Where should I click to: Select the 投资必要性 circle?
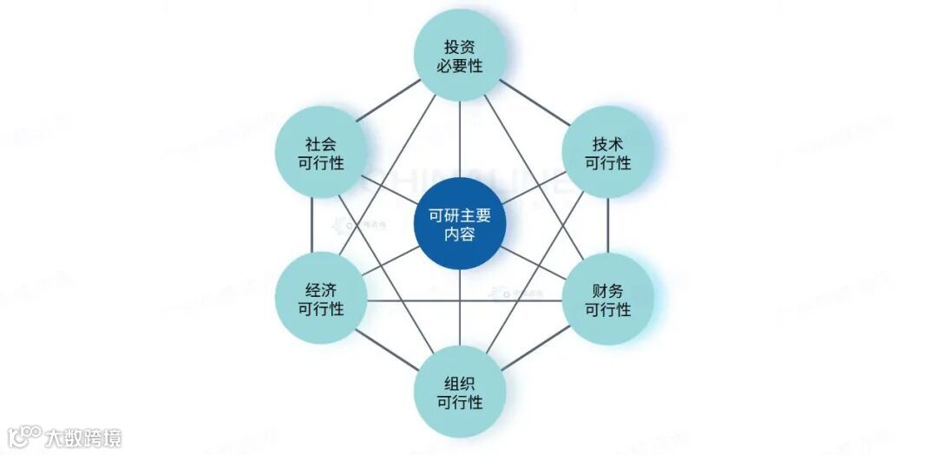point(459,54)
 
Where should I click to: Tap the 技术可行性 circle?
point(607,152)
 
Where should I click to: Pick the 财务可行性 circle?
point(607,300)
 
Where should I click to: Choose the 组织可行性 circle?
point(459,392)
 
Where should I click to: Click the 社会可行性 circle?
point(320,152)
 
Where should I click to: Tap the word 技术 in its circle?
point(607,143)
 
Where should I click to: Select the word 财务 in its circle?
point(607,290)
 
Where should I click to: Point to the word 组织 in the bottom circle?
point(459,383)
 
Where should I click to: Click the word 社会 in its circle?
point(320,143)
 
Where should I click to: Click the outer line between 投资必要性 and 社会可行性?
point(387,99)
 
